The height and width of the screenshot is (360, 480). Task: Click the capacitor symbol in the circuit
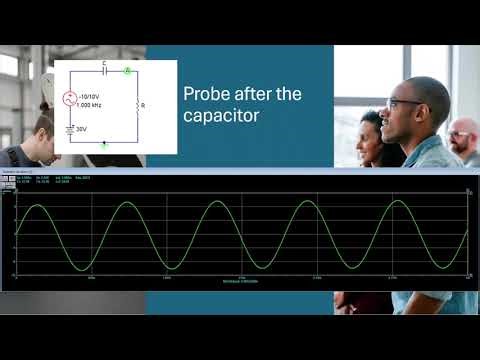pos(105,72)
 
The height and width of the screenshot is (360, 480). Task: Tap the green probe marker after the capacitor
pos(127,72)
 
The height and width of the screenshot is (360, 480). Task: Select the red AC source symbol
pos(70,99)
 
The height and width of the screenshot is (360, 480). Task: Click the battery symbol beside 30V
pos(70,128)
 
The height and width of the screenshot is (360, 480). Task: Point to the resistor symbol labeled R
pos(136,105)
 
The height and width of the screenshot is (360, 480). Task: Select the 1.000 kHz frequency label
pos(91,105)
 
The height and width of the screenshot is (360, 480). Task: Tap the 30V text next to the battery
pos(81,128)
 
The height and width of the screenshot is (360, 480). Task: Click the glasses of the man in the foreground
pos(405,103)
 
